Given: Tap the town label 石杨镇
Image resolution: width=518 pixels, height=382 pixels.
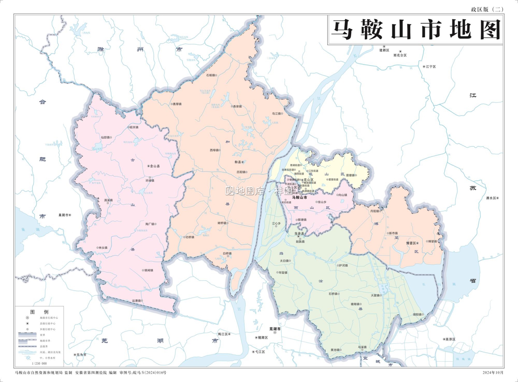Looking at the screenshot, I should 211,75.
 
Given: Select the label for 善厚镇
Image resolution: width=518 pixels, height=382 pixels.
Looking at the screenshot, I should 177,104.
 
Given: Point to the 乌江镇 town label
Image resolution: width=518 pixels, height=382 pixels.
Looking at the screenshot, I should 277,114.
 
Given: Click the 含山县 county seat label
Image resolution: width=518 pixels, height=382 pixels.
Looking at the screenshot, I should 155,166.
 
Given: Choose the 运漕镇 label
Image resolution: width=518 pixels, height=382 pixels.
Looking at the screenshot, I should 136,301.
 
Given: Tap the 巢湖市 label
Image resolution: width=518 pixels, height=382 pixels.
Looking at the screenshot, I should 64,215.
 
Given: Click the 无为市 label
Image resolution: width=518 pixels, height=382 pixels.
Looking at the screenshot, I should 81,355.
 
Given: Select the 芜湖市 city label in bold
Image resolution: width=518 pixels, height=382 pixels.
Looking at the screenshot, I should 275,329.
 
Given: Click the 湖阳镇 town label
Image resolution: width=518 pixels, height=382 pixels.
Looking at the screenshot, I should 417,315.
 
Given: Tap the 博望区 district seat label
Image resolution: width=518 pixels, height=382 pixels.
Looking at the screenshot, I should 411,243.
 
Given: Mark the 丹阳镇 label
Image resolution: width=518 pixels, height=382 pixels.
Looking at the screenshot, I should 375,211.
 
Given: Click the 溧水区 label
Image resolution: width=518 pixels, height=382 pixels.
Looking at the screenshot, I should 491,198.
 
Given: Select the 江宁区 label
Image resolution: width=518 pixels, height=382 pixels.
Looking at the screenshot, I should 431,67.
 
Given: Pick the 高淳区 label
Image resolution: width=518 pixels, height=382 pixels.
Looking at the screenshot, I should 450,340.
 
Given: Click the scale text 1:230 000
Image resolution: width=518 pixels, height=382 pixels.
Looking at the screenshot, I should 39,363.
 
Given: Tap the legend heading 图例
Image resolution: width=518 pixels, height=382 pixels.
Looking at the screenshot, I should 39,312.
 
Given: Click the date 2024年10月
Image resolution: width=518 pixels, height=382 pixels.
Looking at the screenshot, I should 493,373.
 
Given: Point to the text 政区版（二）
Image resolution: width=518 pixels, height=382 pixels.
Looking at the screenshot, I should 487,10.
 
